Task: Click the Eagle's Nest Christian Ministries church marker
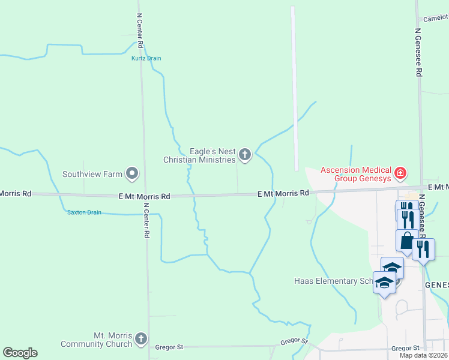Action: [244, 155]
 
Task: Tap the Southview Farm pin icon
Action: [132, 175]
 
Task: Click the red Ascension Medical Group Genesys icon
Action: [400, 175]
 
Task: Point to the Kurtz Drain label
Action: [146, 58]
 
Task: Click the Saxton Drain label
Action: [84, 212]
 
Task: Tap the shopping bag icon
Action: [406, 241]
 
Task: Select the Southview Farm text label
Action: [92, 175]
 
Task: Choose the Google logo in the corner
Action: [20, 353]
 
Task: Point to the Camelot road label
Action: [435, 19]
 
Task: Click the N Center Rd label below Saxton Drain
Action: [146, 220]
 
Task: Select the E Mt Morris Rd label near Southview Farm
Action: [145, 196]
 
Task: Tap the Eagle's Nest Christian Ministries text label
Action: [200, 155]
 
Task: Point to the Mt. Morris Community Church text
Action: [96, 340]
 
